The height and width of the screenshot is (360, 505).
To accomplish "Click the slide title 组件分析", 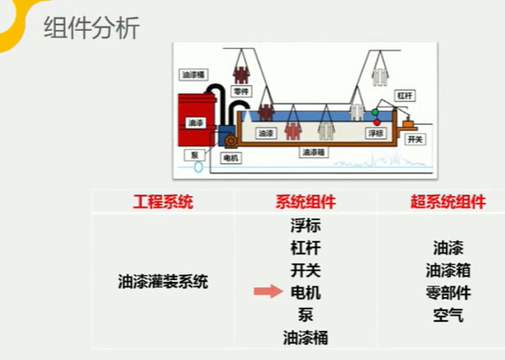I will (92, 29).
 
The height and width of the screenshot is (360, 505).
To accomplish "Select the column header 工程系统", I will (162, 202).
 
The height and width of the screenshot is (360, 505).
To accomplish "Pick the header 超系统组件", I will (449, 202).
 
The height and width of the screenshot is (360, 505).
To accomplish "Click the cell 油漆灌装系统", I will (162, 283).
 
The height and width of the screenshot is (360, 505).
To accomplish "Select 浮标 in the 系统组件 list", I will (305, 226).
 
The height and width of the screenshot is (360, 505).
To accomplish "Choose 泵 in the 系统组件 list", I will (305, 315).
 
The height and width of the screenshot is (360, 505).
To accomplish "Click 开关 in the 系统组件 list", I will (305, 270).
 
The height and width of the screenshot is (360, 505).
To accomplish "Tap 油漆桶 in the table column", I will (305, 338).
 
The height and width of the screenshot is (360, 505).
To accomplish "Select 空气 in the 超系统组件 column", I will (448, 315).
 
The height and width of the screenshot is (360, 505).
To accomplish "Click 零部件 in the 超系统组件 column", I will (448, 293).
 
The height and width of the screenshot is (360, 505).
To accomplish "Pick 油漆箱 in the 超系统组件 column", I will (448, 270).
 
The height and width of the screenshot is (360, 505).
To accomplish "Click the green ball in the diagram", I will (375, 113).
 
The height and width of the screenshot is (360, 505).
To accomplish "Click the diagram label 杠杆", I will (406, 96).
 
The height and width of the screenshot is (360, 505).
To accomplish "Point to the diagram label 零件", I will (240, 91).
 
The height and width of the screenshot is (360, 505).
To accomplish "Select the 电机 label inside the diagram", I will (231, 158).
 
